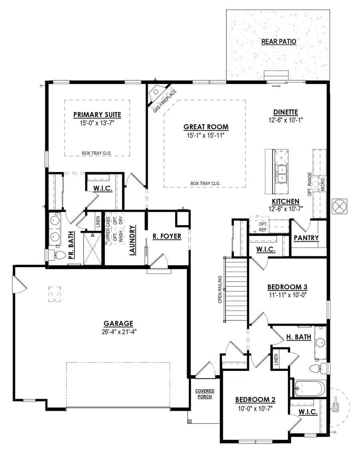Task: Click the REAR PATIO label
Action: (x=278, y=42)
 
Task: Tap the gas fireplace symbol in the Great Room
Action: (x=156, y=95)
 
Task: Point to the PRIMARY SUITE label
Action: (x=97, y=115)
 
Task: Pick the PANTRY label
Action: (x=306, y=238)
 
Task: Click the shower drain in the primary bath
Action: (x=92, y=248)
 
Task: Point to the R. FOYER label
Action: (x=167, y=236)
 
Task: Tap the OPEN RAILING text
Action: (x=220, y=290)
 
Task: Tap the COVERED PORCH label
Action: (x=204, y=394)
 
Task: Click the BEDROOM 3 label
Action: (x=287, y=287)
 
